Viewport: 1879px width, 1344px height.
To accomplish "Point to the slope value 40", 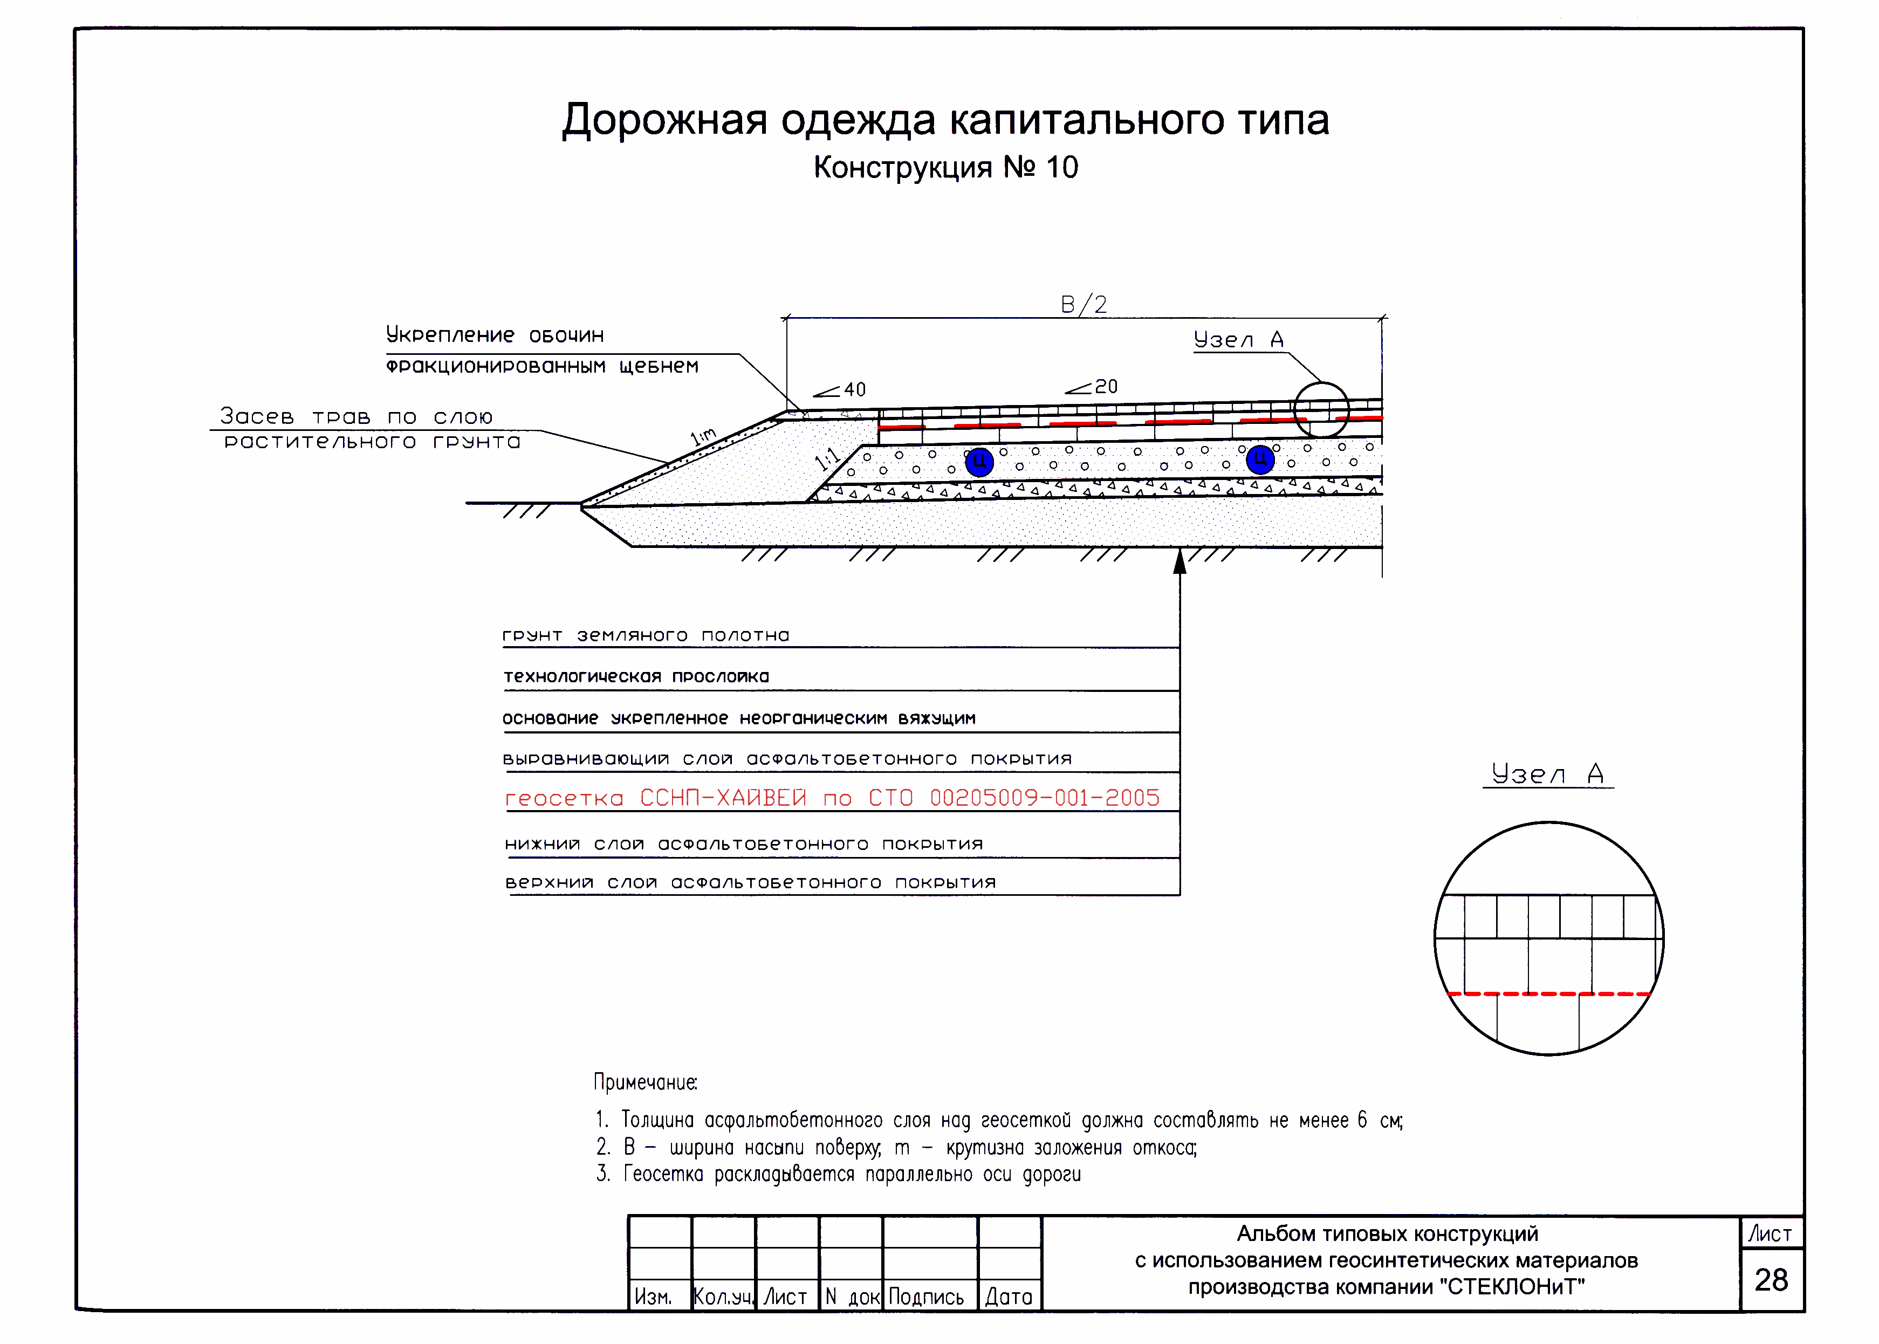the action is pos(855,390).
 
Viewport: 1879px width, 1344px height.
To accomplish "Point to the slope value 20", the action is pos(1106,387).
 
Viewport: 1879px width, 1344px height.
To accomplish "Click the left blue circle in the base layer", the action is pos(979,461).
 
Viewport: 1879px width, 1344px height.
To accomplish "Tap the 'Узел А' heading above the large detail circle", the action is pos(1547,774).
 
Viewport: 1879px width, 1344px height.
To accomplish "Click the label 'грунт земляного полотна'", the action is pos(646,635).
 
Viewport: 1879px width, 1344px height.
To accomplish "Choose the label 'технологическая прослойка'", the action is pos(636,676).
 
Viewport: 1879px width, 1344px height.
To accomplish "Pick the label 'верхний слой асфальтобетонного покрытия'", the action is pos(750,882).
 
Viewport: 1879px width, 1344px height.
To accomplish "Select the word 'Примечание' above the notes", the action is pos(646,1082).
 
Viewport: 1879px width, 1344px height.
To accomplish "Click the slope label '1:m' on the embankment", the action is pos(703,436).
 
